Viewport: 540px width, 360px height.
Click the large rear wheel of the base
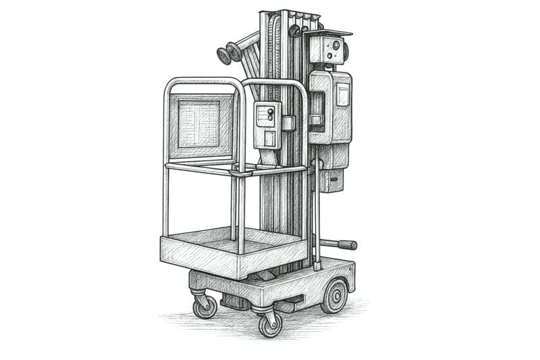click(x=334, y=295)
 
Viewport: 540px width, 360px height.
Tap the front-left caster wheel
click(x=205, y=307)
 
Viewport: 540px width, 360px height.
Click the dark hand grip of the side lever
click(x=347, y=245)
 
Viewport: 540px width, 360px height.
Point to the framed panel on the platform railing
click(x=198, y=124)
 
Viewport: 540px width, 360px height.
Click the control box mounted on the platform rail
click(x=267, y=124)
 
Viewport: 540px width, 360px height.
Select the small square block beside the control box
click(x=289, y=123)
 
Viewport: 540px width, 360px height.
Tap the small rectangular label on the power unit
click(x=343, y=95)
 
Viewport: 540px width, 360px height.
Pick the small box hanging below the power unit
click(x=330, y=180)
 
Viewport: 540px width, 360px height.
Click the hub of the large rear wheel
click(x=335, y=296)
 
